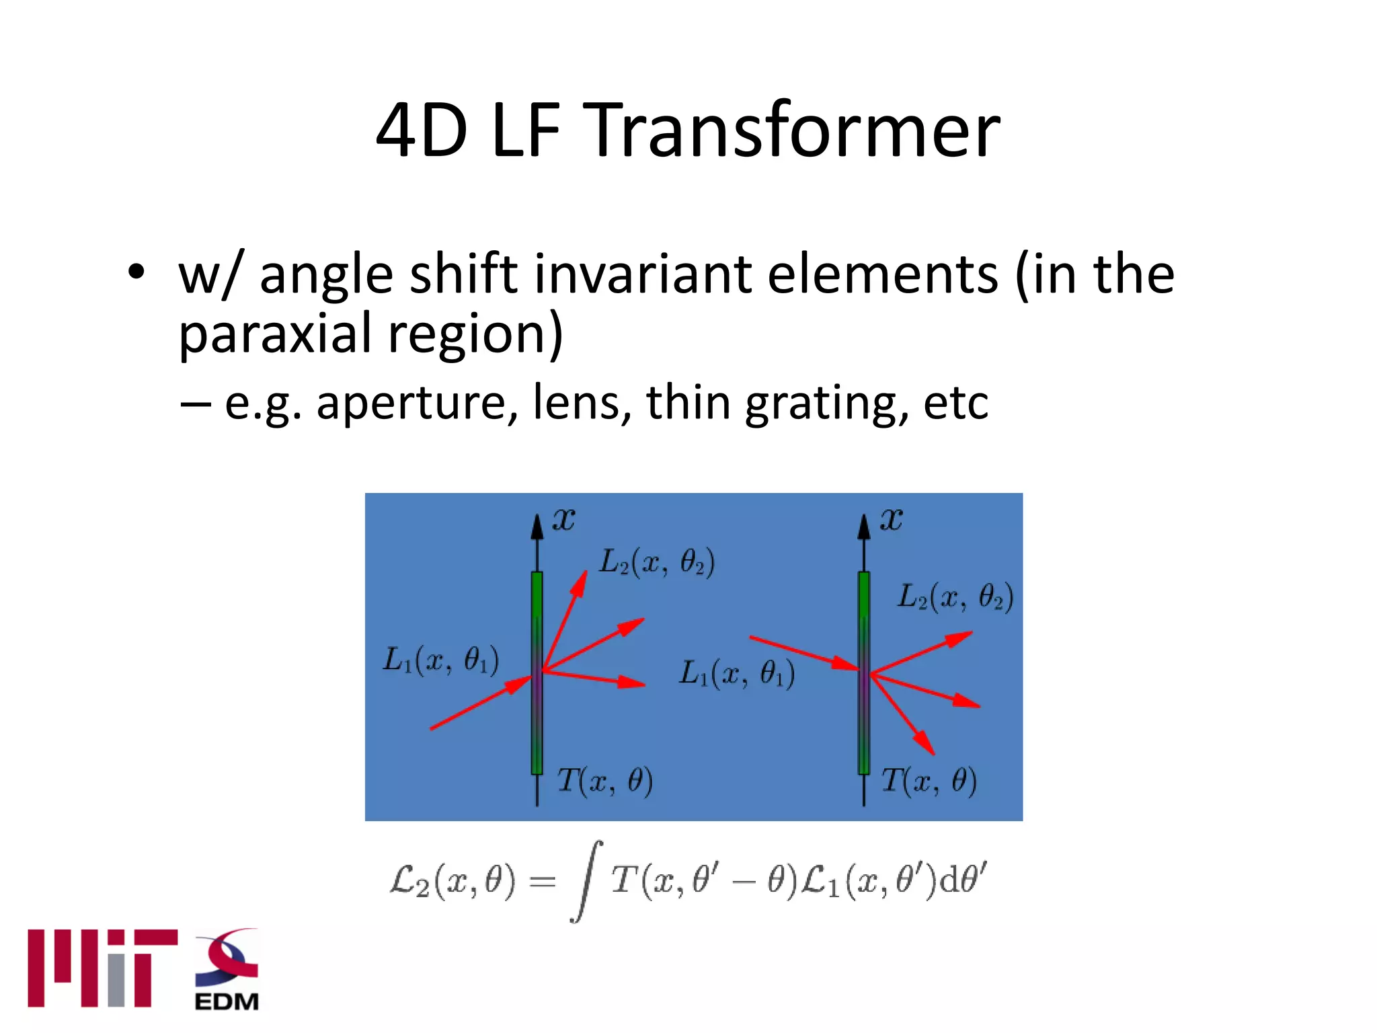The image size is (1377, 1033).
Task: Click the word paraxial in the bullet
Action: coord(276,334)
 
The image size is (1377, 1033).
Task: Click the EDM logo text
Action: coord(227,1001)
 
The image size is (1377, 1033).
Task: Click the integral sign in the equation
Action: coord(586,881)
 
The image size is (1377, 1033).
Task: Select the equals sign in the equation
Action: coord(542,881)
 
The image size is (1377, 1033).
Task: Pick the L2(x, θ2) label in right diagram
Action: coord(955,597)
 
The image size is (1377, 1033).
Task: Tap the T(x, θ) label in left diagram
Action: coord(604,781)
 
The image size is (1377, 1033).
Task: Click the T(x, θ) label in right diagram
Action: coord(929,781)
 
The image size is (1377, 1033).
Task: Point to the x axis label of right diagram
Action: coord(891,519)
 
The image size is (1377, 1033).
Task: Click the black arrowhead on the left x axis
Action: coord(537,528)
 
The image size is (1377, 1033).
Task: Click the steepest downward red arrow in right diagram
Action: coord(903,714)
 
